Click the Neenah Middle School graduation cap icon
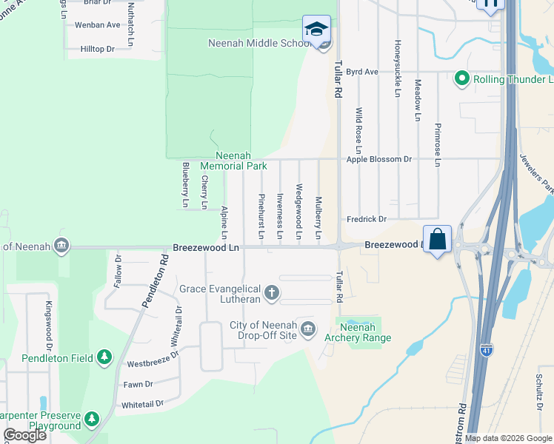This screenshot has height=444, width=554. tap(316, 30)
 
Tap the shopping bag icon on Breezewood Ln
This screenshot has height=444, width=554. tap(438, 239)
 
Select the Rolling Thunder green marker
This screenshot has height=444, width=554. tap(462, 78)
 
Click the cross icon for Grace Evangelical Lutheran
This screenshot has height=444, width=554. tap(272, 293)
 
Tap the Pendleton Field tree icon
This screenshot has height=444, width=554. tap(104, 358)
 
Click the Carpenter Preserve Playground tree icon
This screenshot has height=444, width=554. tap(92, 419)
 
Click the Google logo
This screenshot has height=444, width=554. tap(25, 435)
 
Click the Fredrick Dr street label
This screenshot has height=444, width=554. tap(367, 219)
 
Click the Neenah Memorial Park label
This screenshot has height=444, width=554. tap(233, 161)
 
